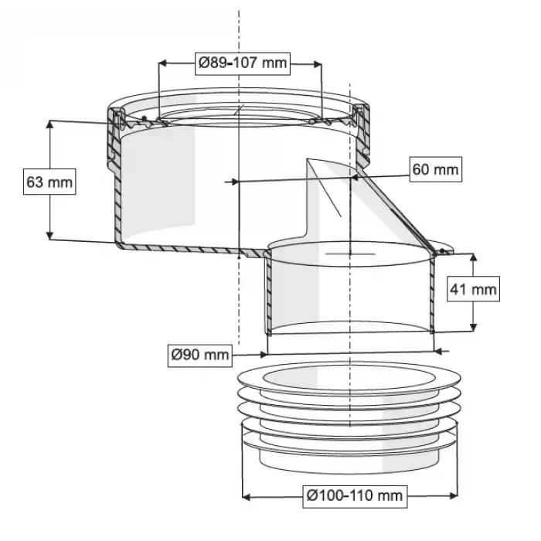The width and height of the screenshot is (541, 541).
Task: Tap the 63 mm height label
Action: click(x=49, y=182)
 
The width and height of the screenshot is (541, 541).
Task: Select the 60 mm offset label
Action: click(x=435, y=168)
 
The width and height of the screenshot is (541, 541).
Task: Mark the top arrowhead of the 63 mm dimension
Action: click(x=50, y=124)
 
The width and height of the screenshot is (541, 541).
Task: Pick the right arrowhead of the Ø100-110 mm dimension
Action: click(x=458, y=495)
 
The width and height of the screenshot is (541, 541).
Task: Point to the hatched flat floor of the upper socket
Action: click(x=185, y=248)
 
